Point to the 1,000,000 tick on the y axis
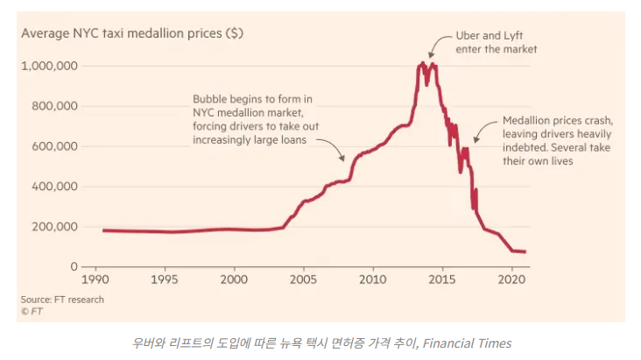pos(50,67)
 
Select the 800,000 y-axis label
pos(54,106)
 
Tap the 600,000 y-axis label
pos(54,146)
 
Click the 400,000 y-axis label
pos(54,187)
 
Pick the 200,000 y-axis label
pos(54,227)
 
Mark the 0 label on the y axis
pos(74,266)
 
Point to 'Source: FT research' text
pos(62,300)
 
